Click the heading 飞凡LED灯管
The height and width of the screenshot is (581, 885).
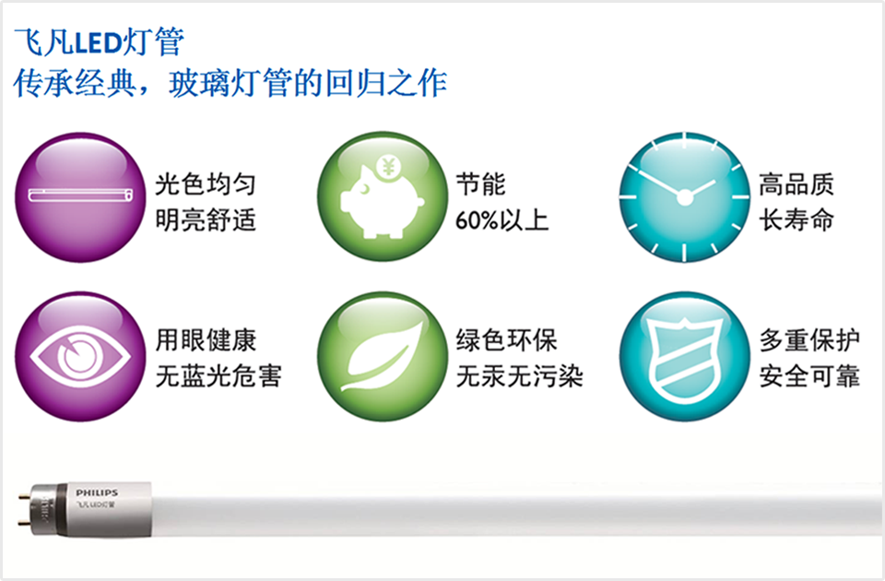100,41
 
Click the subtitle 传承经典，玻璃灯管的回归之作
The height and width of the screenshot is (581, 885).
230,84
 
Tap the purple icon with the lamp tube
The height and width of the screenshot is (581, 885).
80,197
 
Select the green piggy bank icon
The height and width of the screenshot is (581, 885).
382,196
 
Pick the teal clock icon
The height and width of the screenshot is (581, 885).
684,196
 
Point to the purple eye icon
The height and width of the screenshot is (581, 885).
80,356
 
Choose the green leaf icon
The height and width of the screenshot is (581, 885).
382,356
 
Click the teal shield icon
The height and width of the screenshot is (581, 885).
684,356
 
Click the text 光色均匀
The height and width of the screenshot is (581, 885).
206,184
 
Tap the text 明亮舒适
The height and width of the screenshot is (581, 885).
206,219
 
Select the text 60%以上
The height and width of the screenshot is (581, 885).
501,220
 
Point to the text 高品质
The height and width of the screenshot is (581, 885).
796,184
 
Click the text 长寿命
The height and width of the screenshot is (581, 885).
796,219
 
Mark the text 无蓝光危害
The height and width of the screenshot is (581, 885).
218,376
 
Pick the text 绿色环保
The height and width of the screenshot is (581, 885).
507,340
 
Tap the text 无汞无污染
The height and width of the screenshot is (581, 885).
519,376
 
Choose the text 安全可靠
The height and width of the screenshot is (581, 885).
809,376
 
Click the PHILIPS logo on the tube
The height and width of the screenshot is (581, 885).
97,492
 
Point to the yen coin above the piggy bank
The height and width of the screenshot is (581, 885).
388,167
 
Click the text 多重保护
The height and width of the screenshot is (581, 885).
809,340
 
